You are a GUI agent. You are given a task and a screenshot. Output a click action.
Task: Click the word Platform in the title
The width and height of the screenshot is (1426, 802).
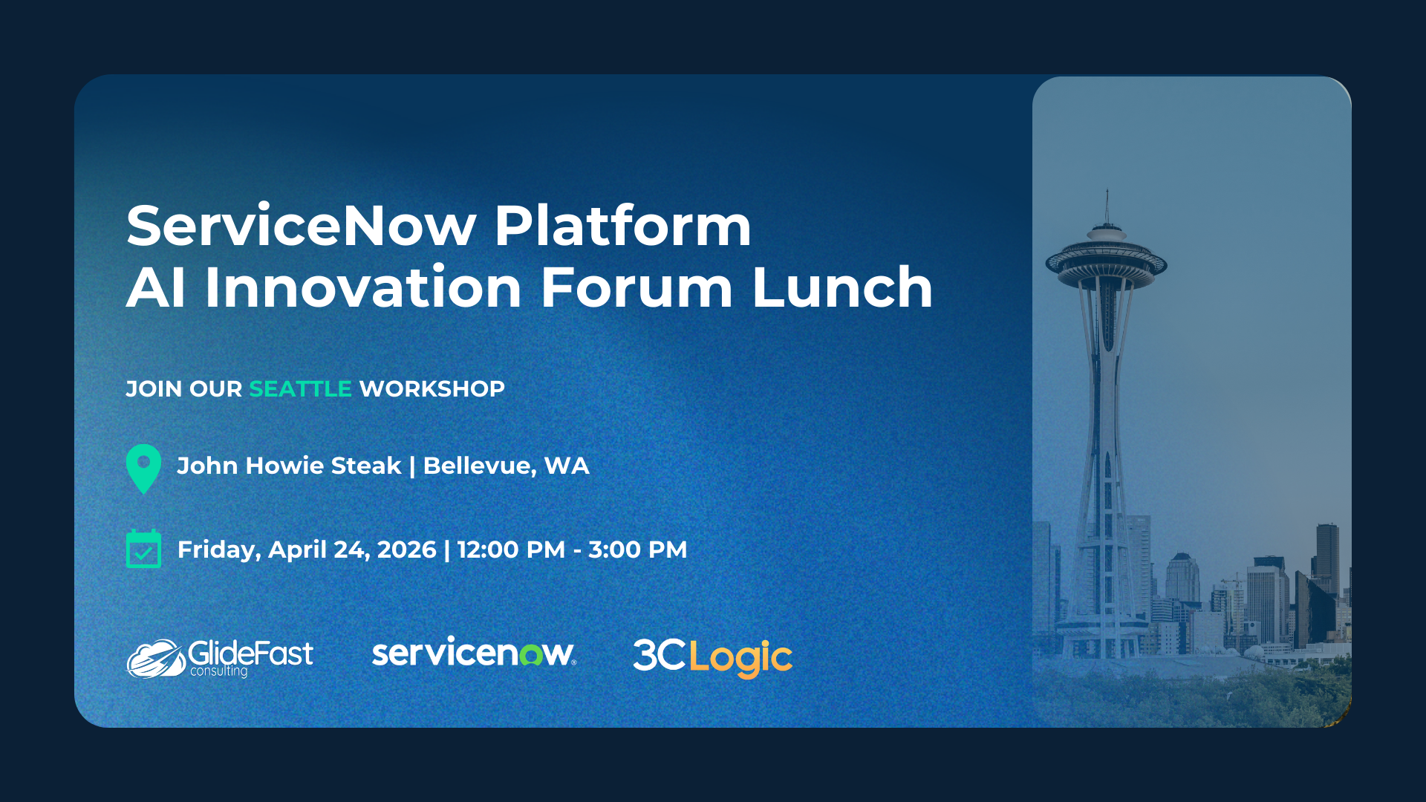(622, 226)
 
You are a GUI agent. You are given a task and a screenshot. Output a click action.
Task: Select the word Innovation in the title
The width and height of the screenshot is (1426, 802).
(362, 287)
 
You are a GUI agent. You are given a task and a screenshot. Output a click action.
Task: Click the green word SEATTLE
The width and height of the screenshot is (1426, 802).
(300, 388)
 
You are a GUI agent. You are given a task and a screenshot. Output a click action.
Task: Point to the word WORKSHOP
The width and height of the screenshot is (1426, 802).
(432, 388)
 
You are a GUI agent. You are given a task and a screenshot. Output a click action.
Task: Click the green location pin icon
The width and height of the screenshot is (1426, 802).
(144, 467)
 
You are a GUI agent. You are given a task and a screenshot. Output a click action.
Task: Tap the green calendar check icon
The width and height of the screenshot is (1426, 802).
(144, 549)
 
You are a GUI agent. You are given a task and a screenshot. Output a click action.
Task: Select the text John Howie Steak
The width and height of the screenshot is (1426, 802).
(289, 466)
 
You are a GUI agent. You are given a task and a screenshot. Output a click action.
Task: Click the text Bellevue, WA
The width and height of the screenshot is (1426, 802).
(506, 466)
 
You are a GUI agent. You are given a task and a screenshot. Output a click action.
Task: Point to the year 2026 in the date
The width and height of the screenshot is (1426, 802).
(406, 550)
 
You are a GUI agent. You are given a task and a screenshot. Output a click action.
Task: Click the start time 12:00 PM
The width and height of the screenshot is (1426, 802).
(511, 550)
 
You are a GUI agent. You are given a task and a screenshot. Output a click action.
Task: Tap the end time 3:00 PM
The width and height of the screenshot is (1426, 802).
(637, 550)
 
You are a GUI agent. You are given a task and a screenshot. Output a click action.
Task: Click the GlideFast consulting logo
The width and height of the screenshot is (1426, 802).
(220, 657)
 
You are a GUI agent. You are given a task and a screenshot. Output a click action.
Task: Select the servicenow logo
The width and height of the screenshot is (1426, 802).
(473, 653)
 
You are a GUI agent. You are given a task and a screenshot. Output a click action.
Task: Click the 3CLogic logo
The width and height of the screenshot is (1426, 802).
(712, 657)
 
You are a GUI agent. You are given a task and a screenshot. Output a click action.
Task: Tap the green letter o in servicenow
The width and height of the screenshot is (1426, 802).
(531, 655)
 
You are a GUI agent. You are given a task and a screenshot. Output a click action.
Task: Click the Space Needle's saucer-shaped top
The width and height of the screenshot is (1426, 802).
(1106, 264)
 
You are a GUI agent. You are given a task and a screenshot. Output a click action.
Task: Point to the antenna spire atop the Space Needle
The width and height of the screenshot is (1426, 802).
(1107, 204)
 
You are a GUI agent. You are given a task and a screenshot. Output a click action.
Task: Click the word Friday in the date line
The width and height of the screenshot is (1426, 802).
(218, 550)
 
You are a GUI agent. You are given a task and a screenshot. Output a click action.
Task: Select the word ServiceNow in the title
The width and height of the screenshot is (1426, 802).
(301, 226)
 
